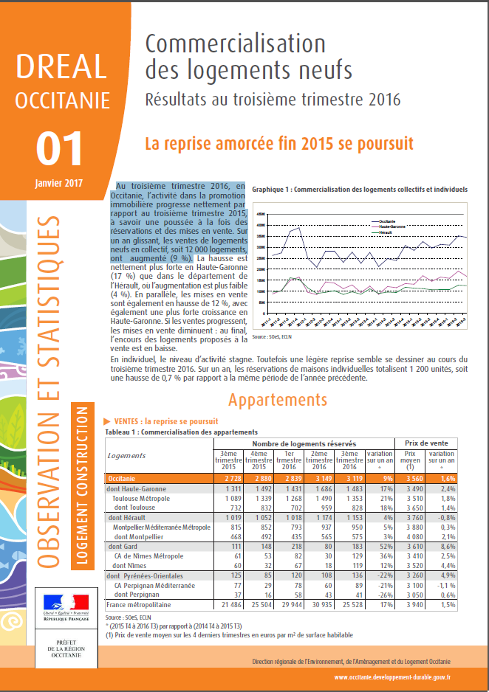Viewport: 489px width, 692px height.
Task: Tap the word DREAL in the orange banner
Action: coord(61,67)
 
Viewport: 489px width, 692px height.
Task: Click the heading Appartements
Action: coord(277,400)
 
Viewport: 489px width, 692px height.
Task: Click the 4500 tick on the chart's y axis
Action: coord(259,215)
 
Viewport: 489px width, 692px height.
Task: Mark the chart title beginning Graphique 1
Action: coord(360,190)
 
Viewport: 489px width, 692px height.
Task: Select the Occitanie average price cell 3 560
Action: coord(411,478)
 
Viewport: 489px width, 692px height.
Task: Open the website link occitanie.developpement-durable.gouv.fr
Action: coord(392,676)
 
